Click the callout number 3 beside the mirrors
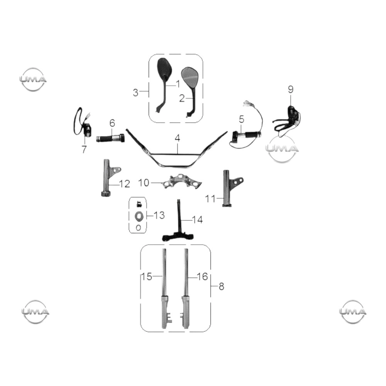[135, 93]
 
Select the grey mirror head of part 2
[190, 77]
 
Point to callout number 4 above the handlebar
[177, 138]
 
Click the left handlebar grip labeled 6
[110, 138]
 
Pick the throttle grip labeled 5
[246, 135]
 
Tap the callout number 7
[84, 149]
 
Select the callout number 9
[291, 89]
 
